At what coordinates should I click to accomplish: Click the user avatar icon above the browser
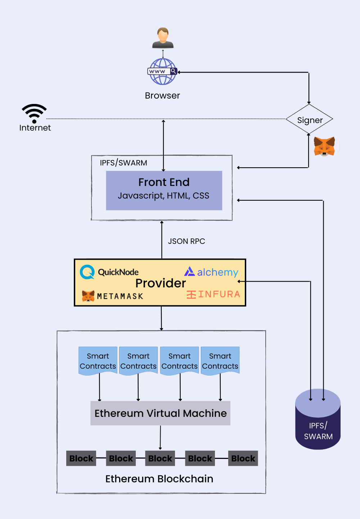(163, 38)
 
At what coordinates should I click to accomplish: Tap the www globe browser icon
(163, 72)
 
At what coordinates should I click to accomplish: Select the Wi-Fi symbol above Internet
(34, 113)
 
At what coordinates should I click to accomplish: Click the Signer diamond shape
(309, 119)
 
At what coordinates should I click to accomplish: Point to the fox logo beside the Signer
(324, 146)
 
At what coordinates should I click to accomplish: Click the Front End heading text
(164, 182)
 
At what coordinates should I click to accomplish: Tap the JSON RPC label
(186, 241)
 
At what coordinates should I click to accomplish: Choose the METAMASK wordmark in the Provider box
(120, 296)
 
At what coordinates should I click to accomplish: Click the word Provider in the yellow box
(161, 283)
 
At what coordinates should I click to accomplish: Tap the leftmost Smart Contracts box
(98, 361)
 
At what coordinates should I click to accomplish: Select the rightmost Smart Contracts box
(220, 361)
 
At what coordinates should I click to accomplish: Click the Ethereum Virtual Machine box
(160, 413)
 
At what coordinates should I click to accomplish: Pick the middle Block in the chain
(160, 459)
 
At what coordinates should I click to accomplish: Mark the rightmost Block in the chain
(243, 459)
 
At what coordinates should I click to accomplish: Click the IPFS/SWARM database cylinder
(318, 421)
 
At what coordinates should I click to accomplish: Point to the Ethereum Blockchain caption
(159, 479)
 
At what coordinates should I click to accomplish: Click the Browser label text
(162, 96)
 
